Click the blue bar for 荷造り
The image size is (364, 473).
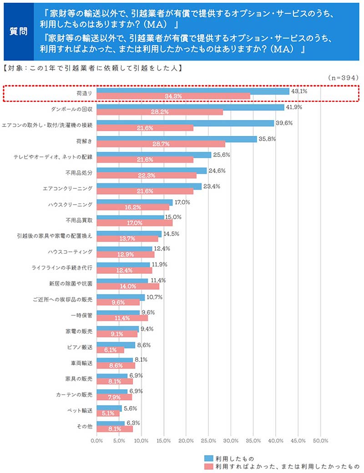(193, 91)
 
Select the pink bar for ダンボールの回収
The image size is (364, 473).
(160, 112)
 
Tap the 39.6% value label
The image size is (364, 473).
(284, 123)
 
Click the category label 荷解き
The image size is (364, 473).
(85, 141)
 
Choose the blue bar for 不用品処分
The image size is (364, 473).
(152, 171)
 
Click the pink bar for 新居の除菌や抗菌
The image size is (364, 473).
(128, 286)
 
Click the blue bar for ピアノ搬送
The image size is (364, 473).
(116, 345)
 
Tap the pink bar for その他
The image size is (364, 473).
(115, 428)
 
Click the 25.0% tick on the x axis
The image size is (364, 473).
(208, 441)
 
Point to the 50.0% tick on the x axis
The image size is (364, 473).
(321, 441)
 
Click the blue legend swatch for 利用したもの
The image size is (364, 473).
(208, 458)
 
